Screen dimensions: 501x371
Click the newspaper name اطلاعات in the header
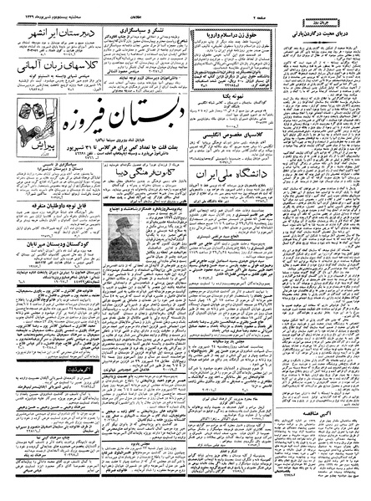tap(159, 7)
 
